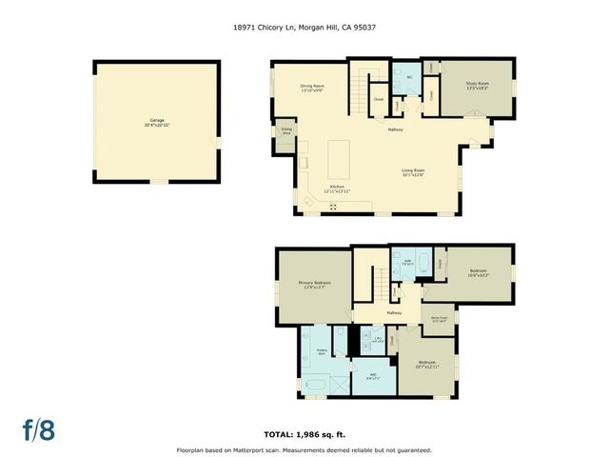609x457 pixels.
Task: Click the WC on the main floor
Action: coord(408,77)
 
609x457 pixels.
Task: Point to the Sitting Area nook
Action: coord(285,132)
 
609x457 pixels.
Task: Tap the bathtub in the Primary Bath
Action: coord(316,386)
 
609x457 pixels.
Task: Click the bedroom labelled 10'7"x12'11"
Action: coord(425,365)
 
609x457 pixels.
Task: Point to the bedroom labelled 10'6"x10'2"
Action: coord(478,273)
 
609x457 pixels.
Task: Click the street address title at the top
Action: coord(304,29)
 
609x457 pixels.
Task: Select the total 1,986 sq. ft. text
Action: coord(304,433)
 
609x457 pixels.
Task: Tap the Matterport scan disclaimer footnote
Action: coord(304,449)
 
